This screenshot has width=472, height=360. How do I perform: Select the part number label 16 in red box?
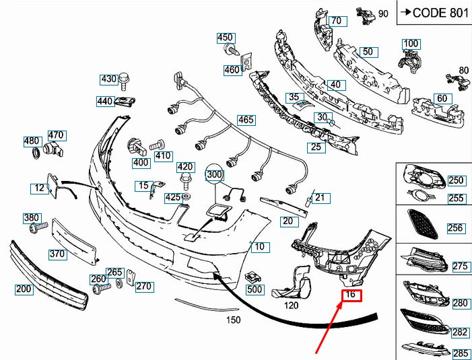pos(351,295)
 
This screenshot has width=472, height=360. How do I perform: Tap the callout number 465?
pos(246,120)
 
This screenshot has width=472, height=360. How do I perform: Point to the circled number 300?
pos(215,175)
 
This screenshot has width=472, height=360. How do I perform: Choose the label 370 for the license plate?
pos(58,254)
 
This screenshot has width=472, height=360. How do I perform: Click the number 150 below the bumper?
pos(233,320)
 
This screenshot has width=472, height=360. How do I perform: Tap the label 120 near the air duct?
pos(290,305)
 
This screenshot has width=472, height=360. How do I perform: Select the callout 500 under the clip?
pos(255,289)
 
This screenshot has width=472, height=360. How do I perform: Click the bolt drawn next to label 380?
pos(37,229)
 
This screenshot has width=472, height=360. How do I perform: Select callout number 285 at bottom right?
pos(461,353)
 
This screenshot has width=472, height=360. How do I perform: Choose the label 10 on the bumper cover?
pos(261,247)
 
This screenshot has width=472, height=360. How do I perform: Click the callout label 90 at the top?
pos(384,13)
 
